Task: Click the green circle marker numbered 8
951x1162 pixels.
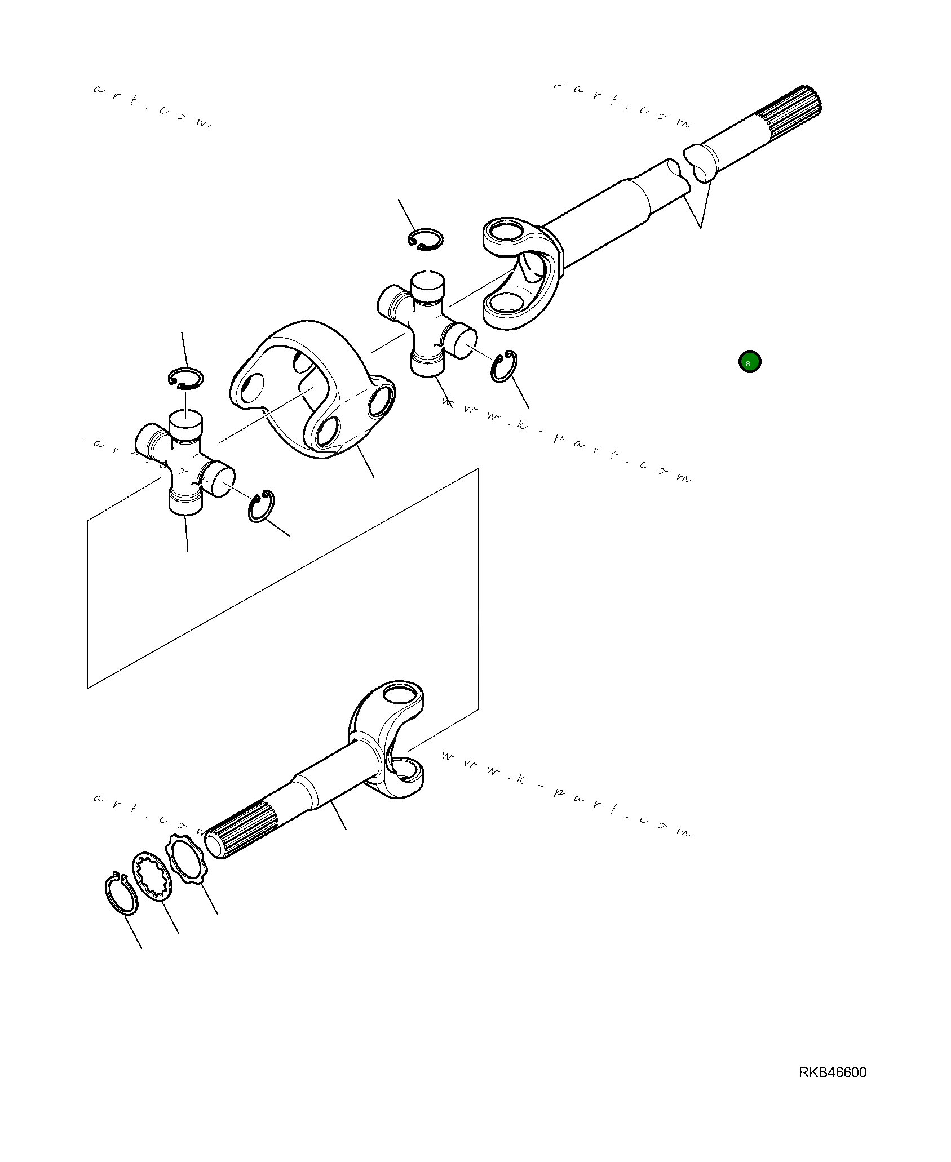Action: coord(749,362)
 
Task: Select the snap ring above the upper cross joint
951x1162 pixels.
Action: coord(426,238)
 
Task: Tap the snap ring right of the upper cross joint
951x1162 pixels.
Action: coord(504,366)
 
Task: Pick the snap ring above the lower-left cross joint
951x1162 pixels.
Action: coord(185,378)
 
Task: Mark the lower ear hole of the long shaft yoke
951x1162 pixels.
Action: coord(506,304)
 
